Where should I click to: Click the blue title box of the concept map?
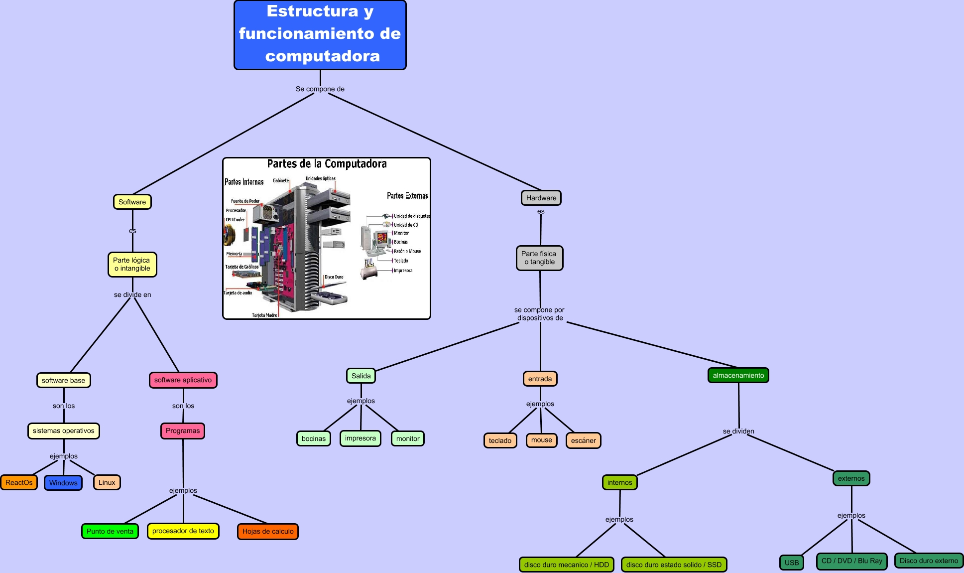click(x=320, y=35)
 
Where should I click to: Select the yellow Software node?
click(x=132, y=202)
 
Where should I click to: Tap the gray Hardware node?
click(x=541, y=198)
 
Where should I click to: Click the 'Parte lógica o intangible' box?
click(x=132, y=264)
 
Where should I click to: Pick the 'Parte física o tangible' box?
click(x=539, y=258)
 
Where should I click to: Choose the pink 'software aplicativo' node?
click(x=183, y=380)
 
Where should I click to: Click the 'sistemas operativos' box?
click(x=64, y=431)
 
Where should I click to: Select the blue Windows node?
click(x=63, y=483)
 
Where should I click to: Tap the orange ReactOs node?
click(x=19, y=482)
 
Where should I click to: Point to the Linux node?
click(x=107, y=482)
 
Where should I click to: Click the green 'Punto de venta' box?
click(x=110, y=531)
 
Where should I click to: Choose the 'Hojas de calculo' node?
click(x=268, y=532)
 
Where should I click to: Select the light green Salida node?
click(x=361, y=376)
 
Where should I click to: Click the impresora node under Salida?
click(x=361, y=438)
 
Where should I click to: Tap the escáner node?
click(x=584, y=440)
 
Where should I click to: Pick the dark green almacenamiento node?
click(x=738, y=375)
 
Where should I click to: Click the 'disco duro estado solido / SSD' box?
click(x=674, y=565)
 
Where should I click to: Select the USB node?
click(x=792, y=563)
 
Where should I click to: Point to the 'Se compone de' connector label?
click(x=320, y=89)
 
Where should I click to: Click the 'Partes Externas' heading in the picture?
click(x=407, y=196)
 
